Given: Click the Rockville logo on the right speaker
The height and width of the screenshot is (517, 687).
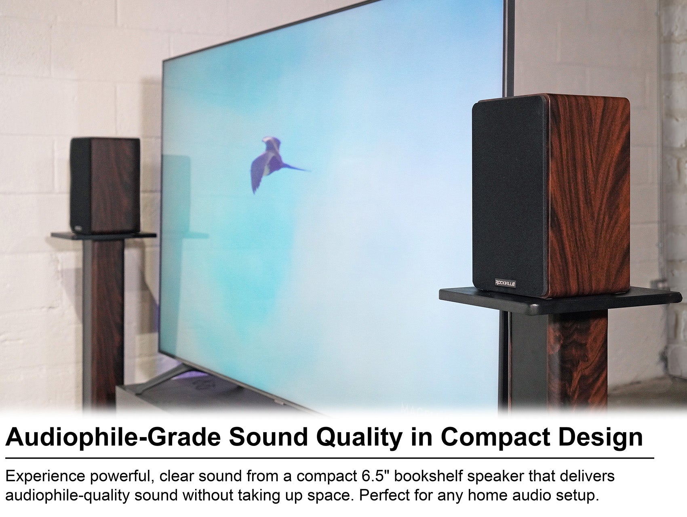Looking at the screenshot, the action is (x=505, y=283).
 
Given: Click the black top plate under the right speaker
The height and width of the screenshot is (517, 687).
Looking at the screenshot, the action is (x=560, y=301).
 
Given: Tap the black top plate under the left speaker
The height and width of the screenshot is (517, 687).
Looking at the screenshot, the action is (x=103, y=235).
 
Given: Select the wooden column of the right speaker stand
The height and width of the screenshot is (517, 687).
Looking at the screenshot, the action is (x=580, y=363).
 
